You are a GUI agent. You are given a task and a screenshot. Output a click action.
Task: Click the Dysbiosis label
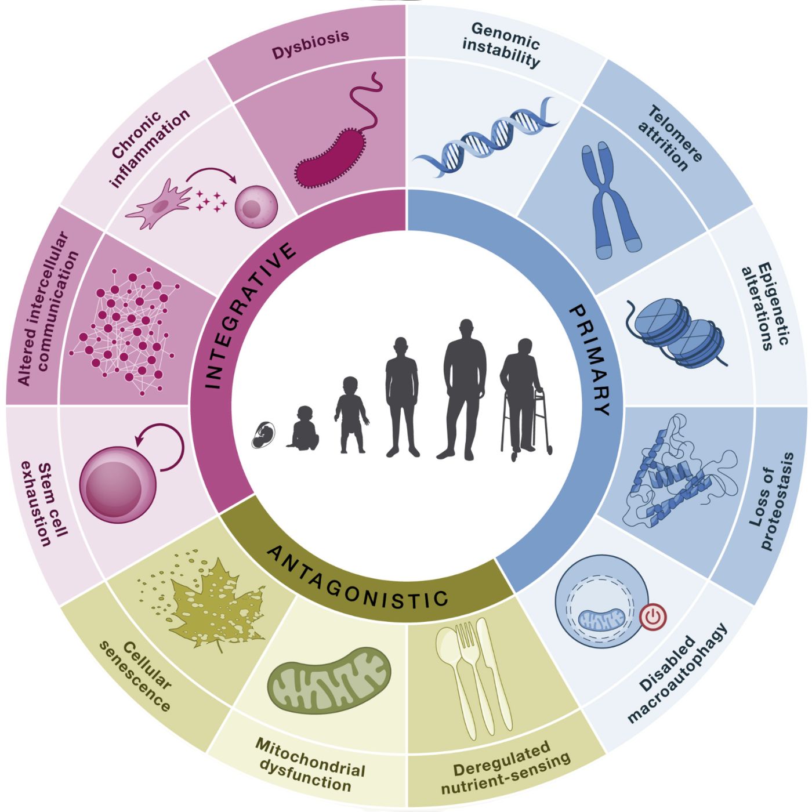(310, 45)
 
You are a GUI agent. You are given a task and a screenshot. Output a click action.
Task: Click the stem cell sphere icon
(118, 485)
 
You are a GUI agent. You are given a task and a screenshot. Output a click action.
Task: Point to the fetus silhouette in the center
(263, 434)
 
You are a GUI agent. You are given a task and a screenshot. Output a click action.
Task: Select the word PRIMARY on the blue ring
(590, 360)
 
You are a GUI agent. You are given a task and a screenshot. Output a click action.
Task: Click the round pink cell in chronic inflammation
(256, 206)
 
